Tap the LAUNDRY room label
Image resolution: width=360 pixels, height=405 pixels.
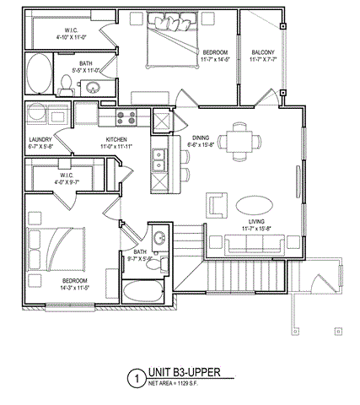coord(40,143)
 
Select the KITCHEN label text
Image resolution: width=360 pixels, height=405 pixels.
coord(116,143)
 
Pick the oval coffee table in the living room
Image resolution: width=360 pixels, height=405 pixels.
coord(253,205)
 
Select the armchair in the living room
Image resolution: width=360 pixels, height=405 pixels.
coord(218,205)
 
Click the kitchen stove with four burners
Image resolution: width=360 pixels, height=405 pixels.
coord(126,117)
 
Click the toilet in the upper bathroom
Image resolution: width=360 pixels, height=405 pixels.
coord(67,82)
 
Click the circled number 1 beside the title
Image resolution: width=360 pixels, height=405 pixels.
coord(133,380)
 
